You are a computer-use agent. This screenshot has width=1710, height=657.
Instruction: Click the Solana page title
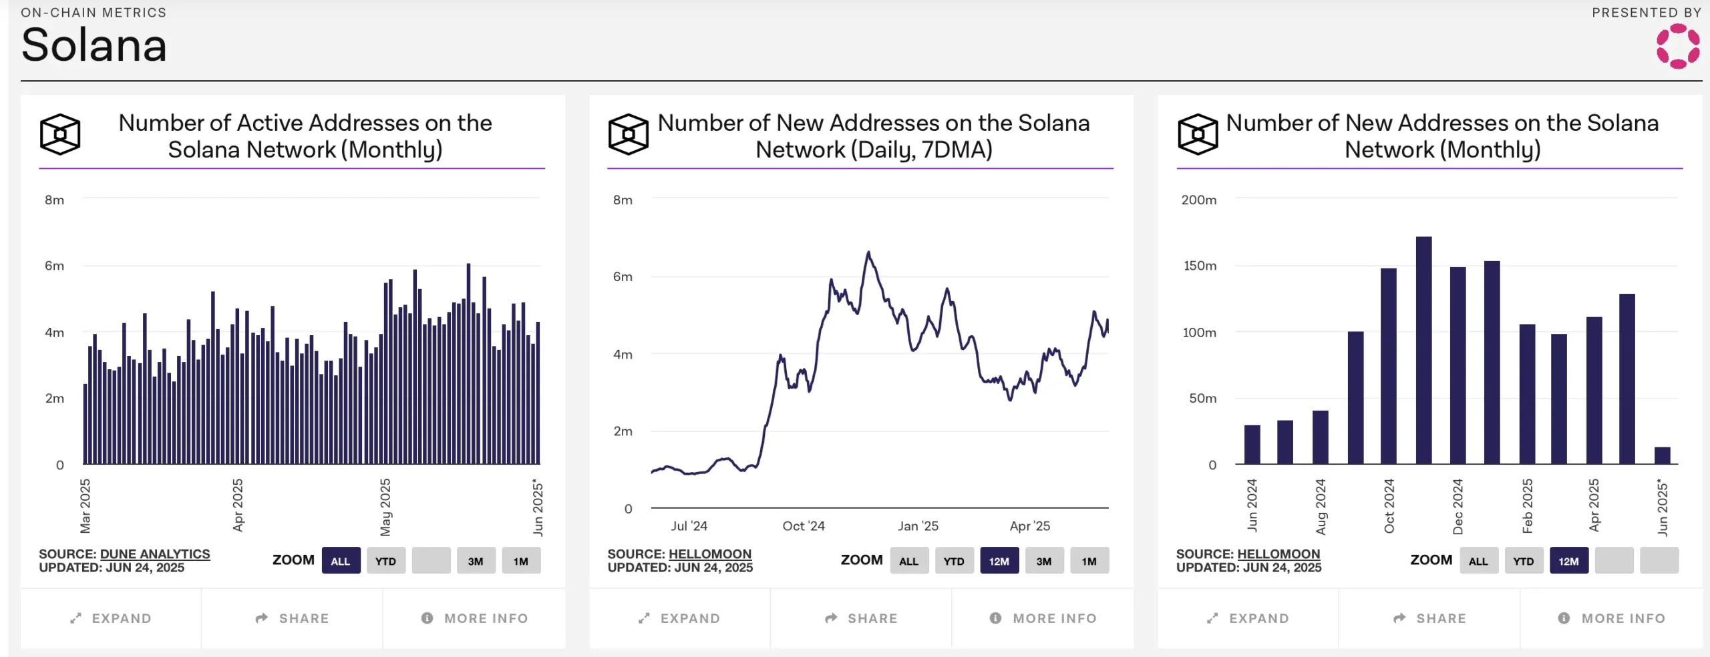(94, 45)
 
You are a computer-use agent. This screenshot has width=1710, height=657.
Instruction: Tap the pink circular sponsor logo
(1677, 46)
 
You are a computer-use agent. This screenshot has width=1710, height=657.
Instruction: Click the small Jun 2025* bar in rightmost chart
(1662, 455)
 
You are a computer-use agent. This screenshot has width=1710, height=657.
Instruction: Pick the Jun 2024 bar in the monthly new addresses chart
(1252, 444)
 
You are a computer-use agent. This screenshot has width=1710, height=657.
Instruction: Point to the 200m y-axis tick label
(1198, 200)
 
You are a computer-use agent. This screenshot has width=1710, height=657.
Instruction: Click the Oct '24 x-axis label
(804, 526)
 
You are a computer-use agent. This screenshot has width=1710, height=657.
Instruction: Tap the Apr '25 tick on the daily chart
(1029, 526)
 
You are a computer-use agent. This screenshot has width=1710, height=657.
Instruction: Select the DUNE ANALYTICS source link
(154, 554)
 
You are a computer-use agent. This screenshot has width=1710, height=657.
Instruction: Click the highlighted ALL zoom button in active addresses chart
(341, 561)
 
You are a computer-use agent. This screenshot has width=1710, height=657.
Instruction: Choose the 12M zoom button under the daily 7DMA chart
(999, 561)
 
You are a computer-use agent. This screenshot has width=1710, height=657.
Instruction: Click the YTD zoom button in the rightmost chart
(1523, 561)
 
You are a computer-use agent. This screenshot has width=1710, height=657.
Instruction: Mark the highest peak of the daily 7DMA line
(868, 252)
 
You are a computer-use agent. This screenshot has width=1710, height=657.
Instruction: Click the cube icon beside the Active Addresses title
(60, 134)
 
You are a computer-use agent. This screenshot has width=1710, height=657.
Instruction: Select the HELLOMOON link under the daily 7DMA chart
(709, 554)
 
